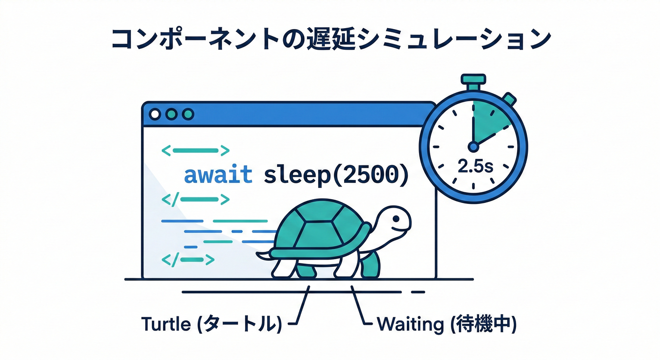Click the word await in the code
click(x=218, y=176)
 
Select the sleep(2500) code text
click(x=336, y=176)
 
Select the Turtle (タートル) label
click(x=211, y=324)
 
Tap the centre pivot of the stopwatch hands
click(x=473, y=147)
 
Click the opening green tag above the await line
click(x=195, y=150)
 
